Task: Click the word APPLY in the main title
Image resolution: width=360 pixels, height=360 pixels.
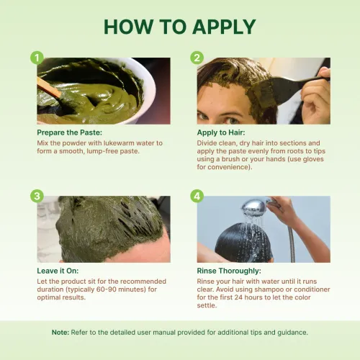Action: click(224, 27)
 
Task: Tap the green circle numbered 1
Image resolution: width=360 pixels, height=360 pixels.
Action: click(37, 58)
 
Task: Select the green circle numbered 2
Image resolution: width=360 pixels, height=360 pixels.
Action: click(197, 58)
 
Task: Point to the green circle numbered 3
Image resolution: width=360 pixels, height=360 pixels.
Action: click(37, 196)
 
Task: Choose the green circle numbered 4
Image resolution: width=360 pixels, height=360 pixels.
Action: click(197, 196)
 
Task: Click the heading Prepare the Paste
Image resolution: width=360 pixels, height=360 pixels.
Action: click(69, 132)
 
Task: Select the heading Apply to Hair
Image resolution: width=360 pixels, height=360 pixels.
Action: click(221, 132)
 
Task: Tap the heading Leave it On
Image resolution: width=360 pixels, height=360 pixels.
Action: click(58, 271)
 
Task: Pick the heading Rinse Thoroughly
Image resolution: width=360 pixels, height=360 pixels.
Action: click(229, 271)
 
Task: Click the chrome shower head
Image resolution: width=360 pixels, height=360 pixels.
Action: click(255, 207)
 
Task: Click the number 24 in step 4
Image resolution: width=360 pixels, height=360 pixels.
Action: click(238, 297)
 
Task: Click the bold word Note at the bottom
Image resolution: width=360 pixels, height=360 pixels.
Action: click(60, 333)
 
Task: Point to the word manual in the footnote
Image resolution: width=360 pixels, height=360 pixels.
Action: click(164, 333)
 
